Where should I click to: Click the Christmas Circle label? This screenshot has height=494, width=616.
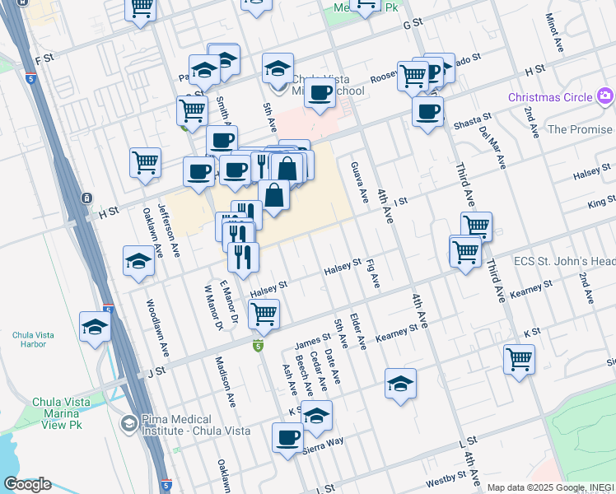pos(549,97)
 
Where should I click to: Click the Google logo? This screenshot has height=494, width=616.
pos(27,484)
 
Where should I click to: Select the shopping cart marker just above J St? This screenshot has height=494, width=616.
pos(264,313)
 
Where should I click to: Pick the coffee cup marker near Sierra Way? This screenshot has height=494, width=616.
pos(287,437)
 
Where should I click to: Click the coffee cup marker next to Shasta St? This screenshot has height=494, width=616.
pos(427,111)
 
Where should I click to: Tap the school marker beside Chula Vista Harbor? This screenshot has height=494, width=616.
pos(96,325)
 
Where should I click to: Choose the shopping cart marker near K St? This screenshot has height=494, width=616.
pos(519,358)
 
